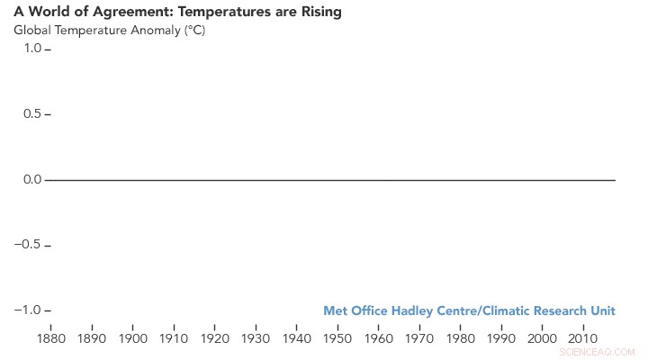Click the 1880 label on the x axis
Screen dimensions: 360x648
click(50, 338)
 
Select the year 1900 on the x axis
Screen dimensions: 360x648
click(132, 338)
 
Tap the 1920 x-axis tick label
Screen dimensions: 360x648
click(214, 338)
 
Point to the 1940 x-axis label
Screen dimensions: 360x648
click(296, 338)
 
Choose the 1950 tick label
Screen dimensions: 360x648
click(337, 338)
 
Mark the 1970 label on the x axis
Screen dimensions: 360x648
click(419, 338)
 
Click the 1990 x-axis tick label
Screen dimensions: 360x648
click(501, 338)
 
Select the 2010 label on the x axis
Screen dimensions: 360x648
click(583, 338)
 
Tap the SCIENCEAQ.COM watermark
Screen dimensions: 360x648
click(597, 353)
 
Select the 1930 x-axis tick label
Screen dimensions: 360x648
click(256, 338)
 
